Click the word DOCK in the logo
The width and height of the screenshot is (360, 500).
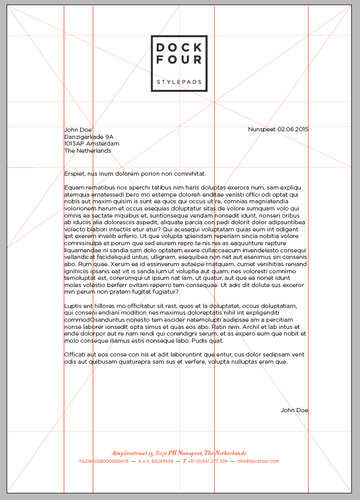coord(179,48)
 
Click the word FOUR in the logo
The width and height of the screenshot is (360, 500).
coord(179,60)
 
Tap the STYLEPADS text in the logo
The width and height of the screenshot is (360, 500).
coord(179,82)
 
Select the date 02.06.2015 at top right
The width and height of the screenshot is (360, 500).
coord(293,129)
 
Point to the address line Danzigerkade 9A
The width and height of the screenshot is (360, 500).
coord(89,137)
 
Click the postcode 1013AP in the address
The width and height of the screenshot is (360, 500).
coord(75,144)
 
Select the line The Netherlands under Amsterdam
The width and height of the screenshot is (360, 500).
coord(87,151)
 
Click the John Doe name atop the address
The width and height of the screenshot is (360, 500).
coord(78,130)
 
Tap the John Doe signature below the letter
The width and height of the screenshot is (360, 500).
coord(294,410)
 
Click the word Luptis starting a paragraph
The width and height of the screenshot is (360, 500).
coord(74,306)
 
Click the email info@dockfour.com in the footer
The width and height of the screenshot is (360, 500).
coord(258,461)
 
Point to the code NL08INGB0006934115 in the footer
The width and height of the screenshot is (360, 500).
coord(104,461)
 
